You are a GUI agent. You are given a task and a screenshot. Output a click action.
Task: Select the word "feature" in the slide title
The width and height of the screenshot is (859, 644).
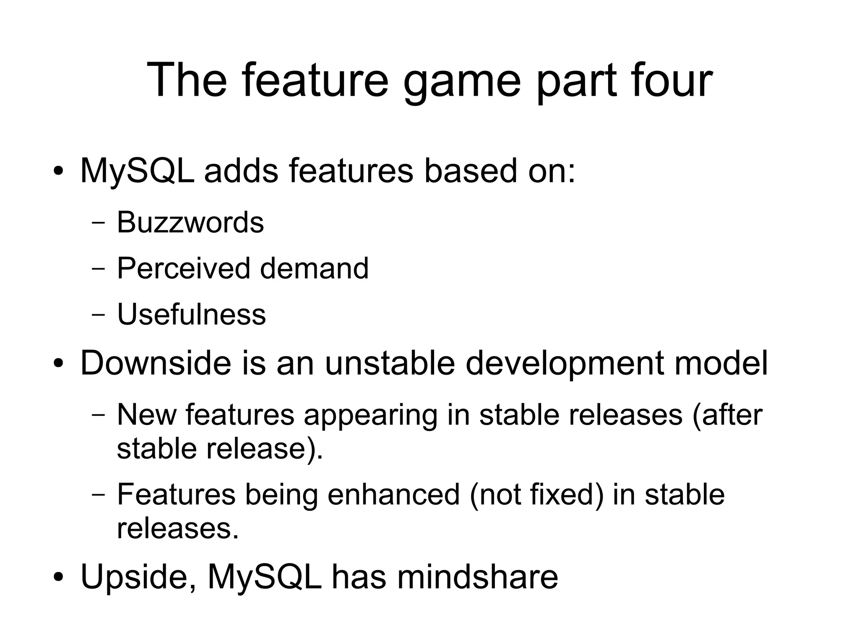(x=315, y=80)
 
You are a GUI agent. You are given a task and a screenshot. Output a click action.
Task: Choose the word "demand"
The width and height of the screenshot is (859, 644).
(x=314, y=269)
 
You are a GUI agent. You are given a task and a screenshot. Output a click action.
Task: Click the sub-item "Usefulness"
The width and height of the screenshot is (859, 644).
(x=191, y=314)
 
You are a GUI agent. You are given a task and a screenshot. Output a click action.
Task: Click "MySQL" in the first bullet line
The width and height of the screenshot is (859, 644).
(x=137, y=172)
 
